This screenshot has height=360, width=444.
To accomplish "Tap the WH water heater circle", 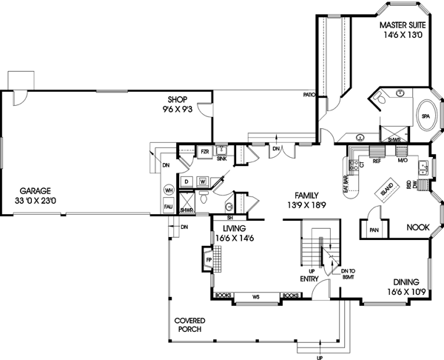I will [168, 190].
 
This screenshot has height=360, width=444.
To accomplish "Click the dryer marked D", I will [187, 180].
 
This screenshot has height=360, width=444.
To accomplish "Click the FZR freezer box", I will [205, 152].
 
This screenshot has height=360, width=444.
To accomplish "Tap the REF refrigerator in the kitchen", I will [377, 159].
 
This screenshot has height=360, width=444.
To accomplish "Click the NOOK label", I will [418, 229].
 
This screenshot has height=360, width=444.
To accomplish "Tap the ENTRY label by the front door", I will [310, 279].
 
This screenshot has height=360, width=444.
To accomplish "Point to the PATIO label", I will [309, 95].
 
